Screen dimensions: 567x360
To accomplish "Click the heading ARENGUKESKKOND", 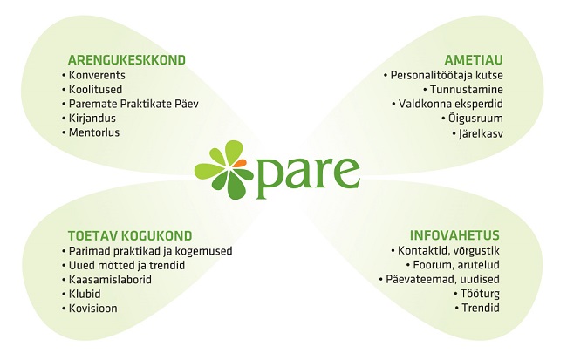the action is click(x=126, y=59).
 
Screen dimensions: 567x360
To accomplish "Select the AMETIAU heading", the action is click(x=474, y=59).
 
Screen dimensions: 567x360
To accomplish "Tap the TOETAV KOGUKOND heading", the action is click(x=130, y=235).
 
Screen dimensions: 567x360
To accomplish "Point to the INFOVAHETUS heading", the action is click(x=454, y=235).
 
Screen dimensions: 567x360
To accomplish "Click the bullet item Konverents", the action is click(x=97, y=75).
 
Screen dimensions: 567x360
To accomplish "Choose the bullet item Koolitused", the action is click(x=95, y=89).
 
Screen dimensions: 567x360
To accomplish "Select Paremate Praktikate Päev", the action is click(x=133, y=104).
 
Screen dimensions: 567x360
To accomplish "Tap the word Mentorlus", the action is click(x=94, y=132).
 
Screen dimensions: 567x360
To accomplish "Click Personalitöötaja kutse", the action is click(x=447, y=75).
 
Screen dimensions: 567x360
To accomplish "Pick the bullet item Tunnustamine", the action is click(x=467, y=89).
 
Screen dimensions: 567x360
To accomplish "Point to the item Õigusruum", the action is click(x=475, y=119).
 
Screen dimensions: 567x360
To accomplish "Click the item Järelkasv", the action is click(x=481, y=133).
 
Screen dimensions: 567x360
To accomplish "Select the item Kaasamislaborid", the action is click(x=110, y=280).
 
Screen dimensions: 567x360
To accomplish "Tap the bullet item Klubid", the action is click(x=85, y=294).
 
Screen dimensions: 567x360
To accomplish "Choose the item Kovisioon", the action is click(x=93, y=309).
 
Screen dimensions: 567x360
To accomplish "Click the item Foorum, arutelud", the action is click(x=456, y=265).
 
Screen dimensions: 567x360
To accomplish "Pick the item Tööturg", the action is click(x=480, y=294).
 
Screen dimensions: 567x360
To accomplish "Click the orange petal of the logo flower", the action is click(x=239, y=163).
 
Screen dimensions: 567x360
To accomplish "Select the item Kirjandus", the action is click(x=92, y=119).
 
